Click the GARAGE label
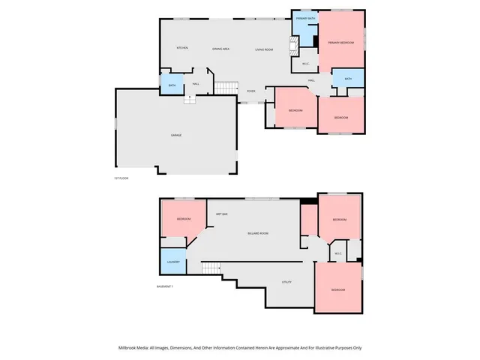[x=176, y=135]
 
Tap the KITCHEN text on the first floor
[x=181, y=48]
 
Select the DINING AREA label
[x=220, y=48]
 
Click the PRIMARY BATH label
[x=305, y=18]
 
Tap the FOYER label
[x=251, y=91]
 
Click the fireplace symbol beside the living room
[x=295, y=44]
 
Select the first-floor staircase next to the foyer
[x=226, y=88]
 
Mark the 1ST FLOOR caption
[x=122, y=178]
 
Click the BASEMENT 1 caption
[x=165, y=286]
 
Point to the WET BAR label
[x=222, y=215]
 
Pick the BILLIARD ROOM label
[x=258, y=234]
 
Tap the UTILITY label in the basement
[x=286, y=282]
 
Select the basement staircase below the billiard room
[x=211, y=268]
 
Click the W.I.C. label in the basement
[x=338, y=253]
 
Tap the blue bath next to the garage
[x=172, y=85]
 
